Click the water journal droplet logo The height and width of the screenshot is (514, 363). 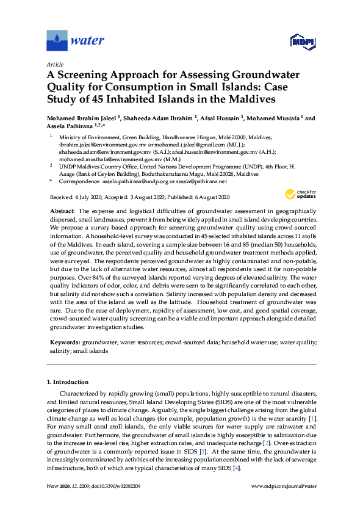pyautogui.click(x=57, y=41)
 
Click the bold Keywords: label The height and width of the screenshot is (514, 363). pyautogui.click(x=64, y=344)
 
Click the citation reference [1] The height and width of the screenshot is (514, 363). pyautogui.click(x=312, y=420)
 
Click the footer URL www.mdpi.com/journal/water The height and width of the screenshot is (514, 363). pyautogui.click(x=284, y=487)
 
